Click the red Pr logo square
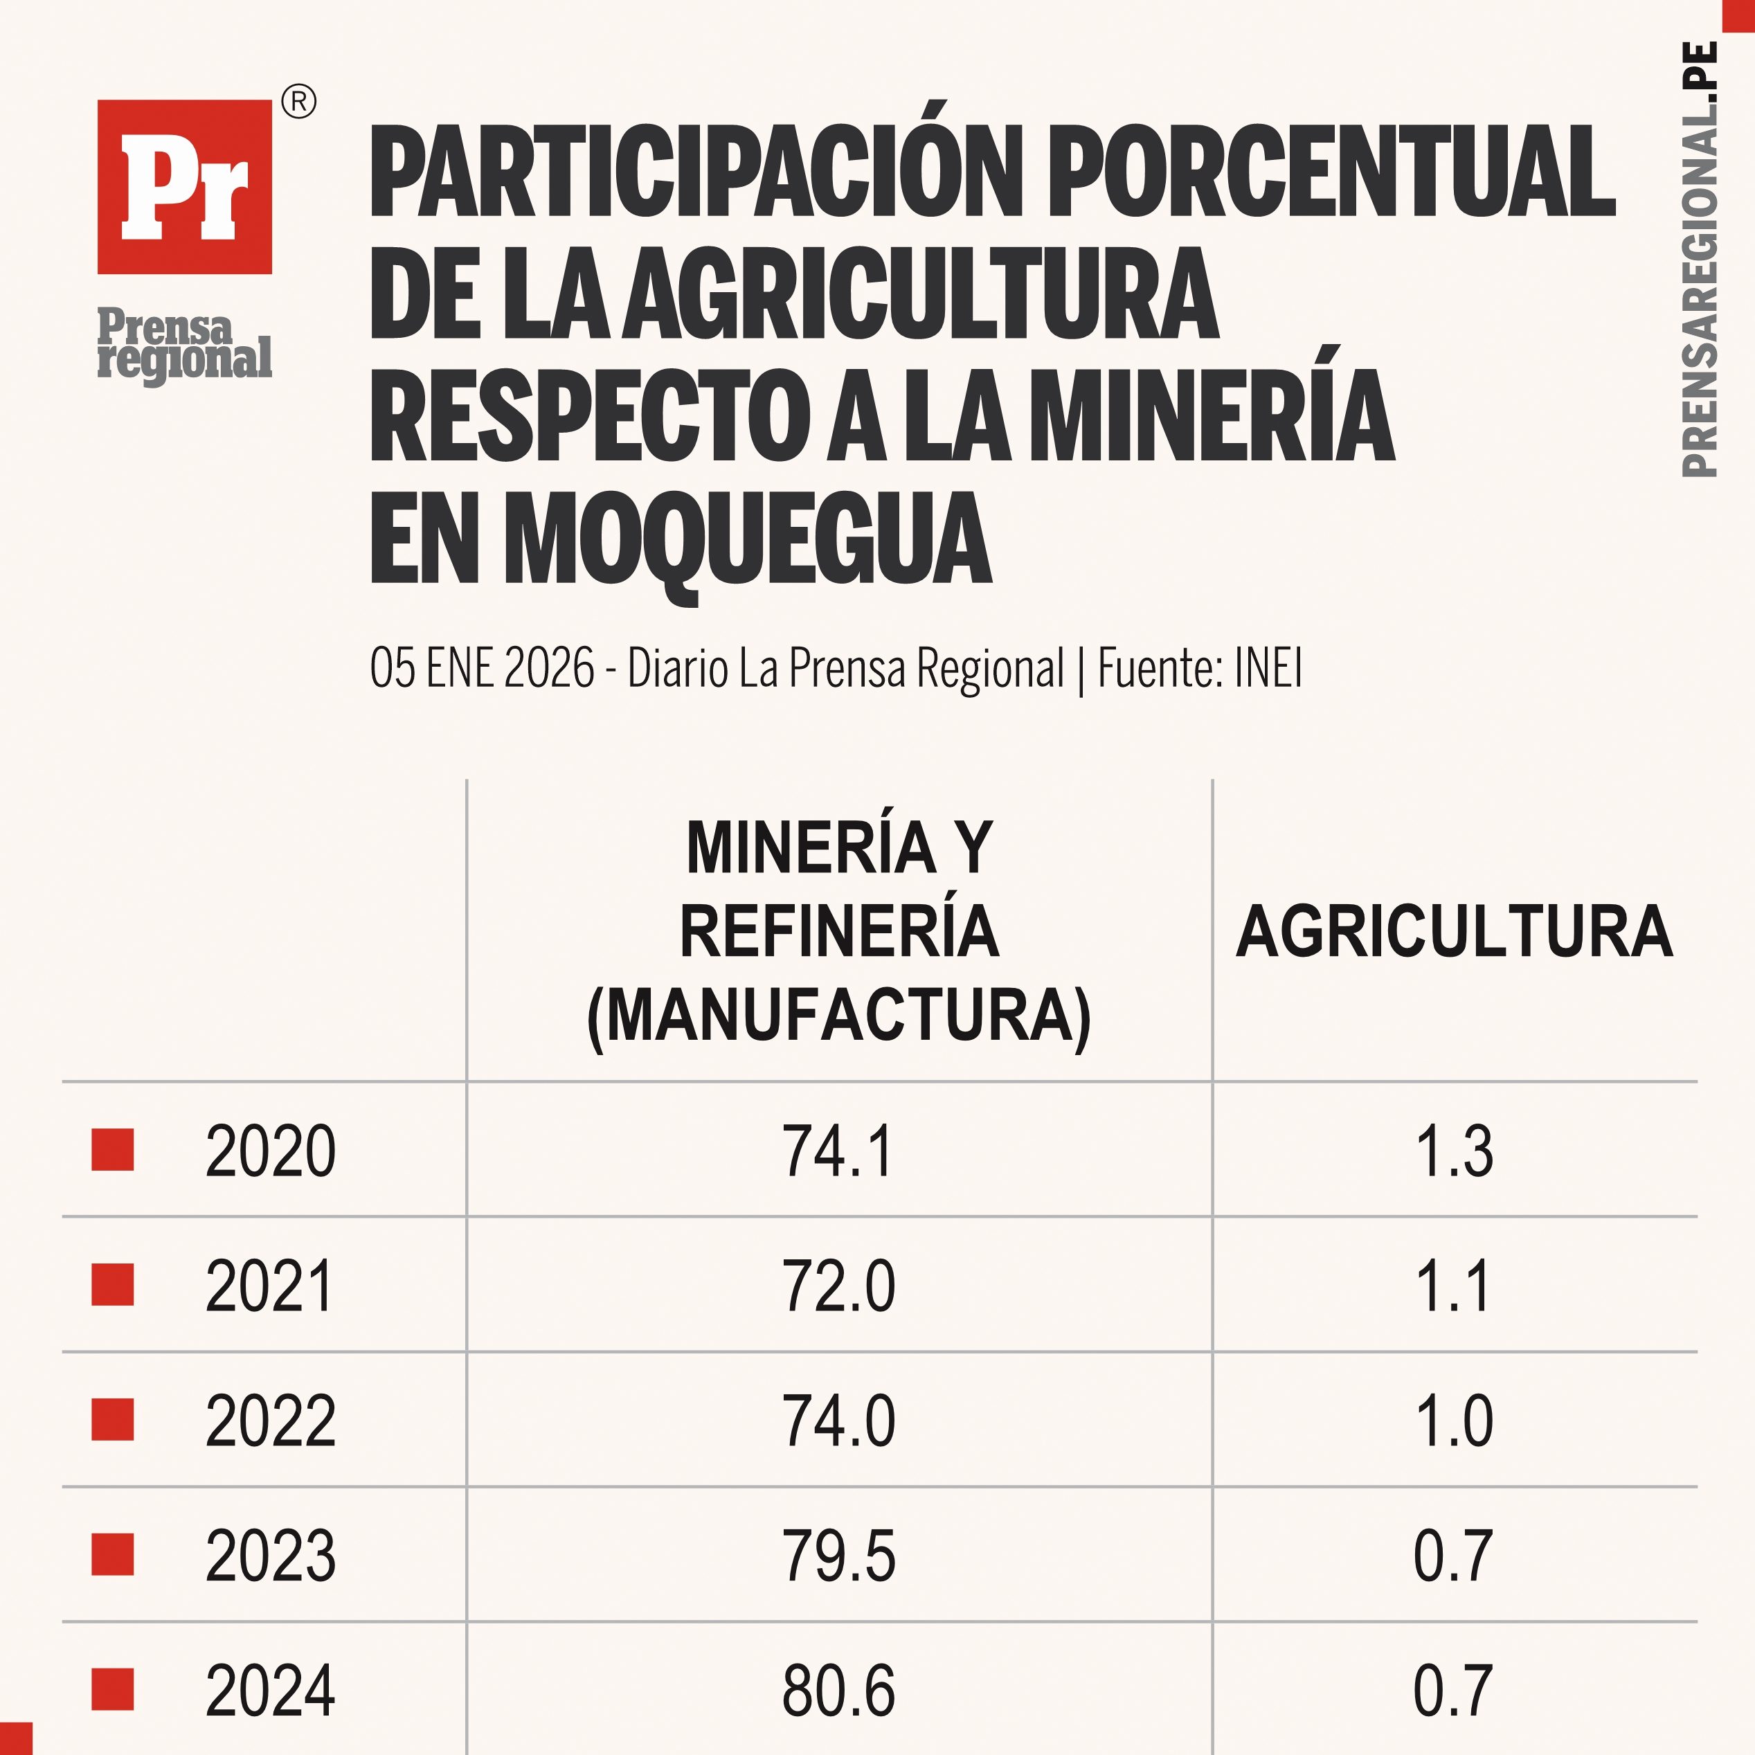[x=184, y=186]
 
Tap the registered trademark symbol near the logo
[x=299, y=102]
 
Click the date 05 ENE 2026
[x=481, y=669]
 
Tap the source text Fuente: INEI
[x=1199, y=669]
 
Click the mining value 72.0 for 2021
[x=838, y=1286]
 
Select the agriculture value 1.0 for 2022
[x=1453, y=1421]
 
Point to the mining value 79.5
[x=838, y=1555]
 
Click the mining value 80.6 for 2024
[x=838, y=1690]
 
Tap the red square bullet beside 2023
[x=113, y=1554]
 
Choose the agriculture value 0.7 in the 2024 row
[x=1453, y=1690]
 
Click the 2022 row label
[x=270, y=1421]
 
